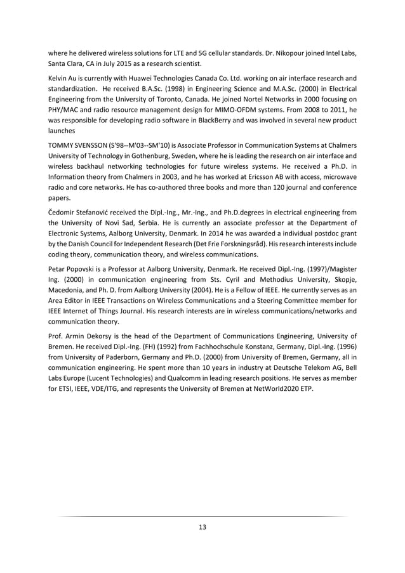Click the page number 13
coord(202,527)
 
